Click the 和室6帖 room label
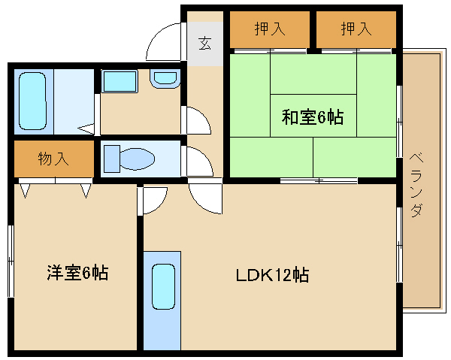click(x=313, y=117)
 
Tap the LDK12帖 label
click(x=272, y=275)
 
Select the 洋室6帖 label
click(x=77, y=273)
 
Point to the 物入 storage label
click(x=53, y=159)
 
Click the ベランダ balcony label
click(x=416, y=185)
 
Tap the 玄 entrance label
click(x=204, y=44)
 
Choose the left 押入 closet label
click(x=270, y=29)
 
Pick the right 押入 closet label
click(x=356, y=29)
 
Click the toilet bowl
click(x=137, y=159)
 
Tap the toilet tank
click(x=112, y=159)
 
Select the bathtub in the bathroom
click(x=32, y=101)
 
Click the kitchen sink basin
click(x=163, y=286)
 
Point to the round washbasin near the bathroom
click(x=165, y=78)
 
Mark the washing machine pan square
click(x=120, y=82)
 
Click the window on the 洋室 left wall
click(x=11, y=261)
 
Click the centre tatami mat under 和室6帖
click(x=313, y=116)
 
